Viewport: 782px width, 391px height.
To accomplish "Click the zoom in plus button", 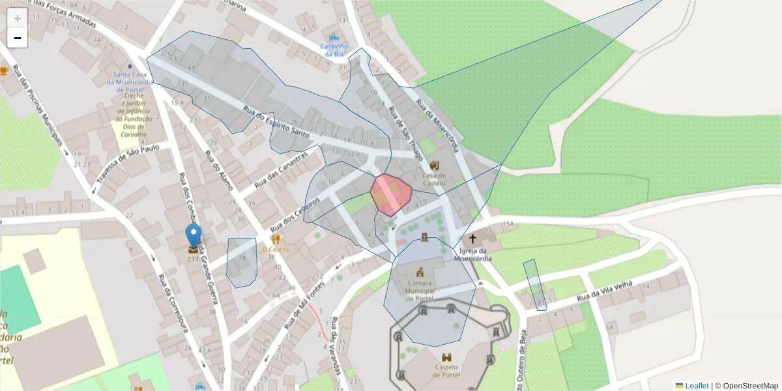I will (x=18, y=18).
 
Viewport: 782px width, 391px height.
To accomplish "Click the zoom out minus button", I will (x=18, y=38).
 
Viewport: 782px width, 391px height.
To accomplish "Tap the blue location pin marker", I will (x=193, y=236).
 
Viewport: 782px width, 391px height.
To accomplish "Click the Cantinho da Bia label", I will (x=334, y=50).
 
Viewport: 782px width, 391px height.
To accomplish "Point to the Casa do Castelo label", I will (x=434, y=179).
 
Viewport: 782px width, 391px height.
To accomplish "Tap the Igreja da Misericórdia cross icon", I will (x=472, y=239).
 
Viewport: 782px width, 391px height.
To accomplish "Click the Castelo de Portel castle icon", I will (x=447, y=358).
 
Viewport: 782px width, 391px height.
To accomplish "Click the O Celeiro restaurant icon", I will (x=276, y=239).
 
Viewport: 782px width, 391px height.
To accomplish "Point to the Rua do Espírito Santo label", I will (x=275, y=122).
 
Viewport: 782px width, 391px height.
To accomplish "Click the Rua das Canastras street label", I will (x=280, y=171).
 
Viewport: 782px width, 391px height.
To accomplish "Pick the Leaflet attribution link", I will (x=696, y=386).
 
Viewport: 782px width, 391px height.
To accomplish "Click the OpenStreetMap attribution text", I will (x=750, y=386).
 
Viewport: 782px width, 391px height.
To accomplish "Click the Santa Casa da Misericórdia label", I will (x=131, y=79).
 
